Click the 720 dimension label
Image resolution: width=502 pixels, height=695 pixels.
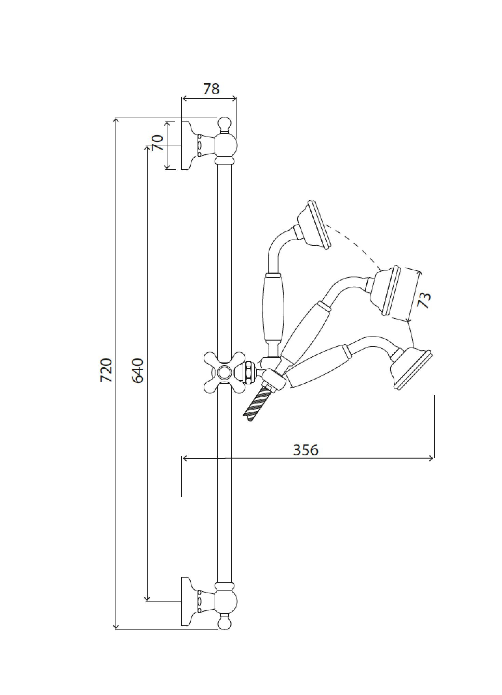click(x=106, y=370)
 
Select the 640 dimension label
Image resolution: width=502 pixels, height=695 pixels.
click(x=138, y=370)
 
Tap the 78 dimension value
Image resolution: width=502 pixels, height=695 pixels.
click(x=211, y=89)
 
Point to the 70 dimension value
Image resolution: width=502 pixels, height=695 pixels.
click(x=157, y=143)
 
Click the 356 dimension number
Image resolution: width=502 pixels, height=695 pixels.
click(x=306, y=450)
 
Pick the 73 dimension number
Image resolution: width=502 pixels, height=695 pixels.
click(x=424, y=300)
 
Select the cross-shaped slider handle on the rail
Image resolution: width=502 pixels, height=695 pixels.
click(x=225, y=372)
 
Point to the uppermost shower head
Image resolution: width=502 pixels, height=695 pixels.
click(x=314, y=225)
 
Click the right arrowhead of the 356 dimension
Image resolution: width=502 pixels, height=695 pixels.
click(x=431, y=458)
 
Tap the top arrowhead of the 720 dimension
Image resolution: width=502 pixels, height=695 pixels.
click(x=116, y=120)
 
